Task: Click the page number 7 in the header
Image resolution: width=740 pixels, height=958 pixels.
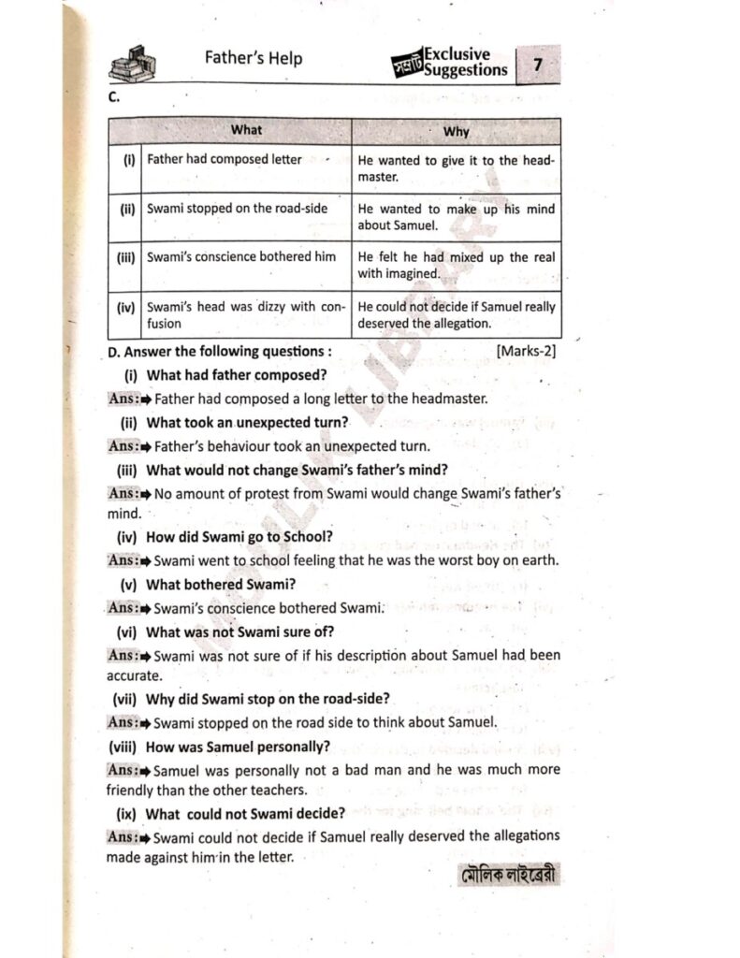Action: click(x=537, y=65)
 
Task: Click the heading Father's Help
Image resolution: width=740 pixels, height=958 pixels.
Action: click(x=254, y=58)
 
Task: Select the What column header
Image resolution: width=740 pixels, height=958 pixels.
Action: click(x=247, y=130)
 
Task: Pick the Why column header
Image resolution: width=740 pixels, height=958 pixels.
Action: click(x=456, y=131)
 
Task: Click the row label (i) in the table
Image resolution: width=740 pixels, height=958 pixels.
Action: click(x=129, y=160)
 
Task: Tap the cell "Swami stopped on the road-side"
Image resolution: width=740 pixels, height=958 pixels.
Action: click(x=237, y=209)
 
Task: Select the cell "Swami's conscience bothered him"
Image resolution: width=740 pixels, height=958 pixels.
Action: click(x=241, y=256)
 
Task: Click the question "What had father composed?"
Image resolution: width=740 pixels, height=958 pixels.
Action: click(x=237, y=375)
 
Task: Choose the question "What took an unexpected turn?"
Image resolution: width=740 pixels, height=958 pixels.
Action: click(x=247, y=422)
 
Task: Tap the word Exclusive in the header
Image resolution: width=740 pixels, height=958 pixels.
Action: click(x=457, y=54)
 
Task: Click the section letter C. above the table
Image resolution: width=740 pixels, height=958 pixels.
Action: click(x=112, y=97)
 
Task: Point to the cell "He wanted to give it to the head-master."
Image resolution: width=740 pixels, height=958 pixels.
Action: click(x=456, y=167)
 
